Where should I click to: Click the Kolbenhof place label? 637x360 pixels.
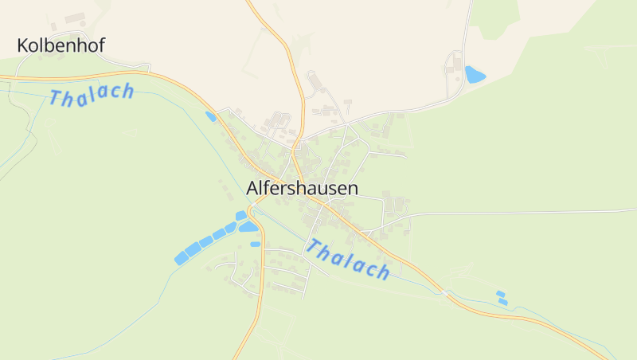61,45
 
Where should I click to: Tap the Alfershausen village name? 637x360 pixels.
303,189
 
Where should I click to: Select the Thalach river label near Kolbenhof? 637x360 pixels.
92,95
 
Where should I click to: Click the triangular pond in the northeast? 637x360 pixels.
475,75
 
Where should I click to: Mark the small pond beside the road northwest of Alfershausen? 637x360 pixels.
210,116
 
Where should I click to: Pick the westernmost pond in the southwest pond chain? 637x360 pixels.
181,258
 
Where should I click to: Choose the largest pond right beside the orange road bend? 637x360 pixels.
248,227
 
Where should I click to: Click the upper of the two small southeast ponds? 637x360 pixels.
500,294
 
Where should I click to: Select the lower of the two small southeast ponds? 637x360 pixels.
502,302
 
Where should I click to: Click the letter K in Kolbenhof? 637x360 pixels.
23,45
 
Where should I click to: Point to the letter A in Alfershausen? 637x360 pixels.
252,189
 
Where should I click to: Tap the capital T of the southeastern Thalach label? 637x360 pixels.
312,246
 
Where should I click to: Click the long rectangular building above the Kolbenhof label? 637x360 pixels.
75,18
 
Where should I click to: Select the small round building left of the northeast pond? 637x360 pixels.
449,70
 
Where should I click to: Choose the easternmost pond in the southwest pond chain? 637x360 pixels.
240,215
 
